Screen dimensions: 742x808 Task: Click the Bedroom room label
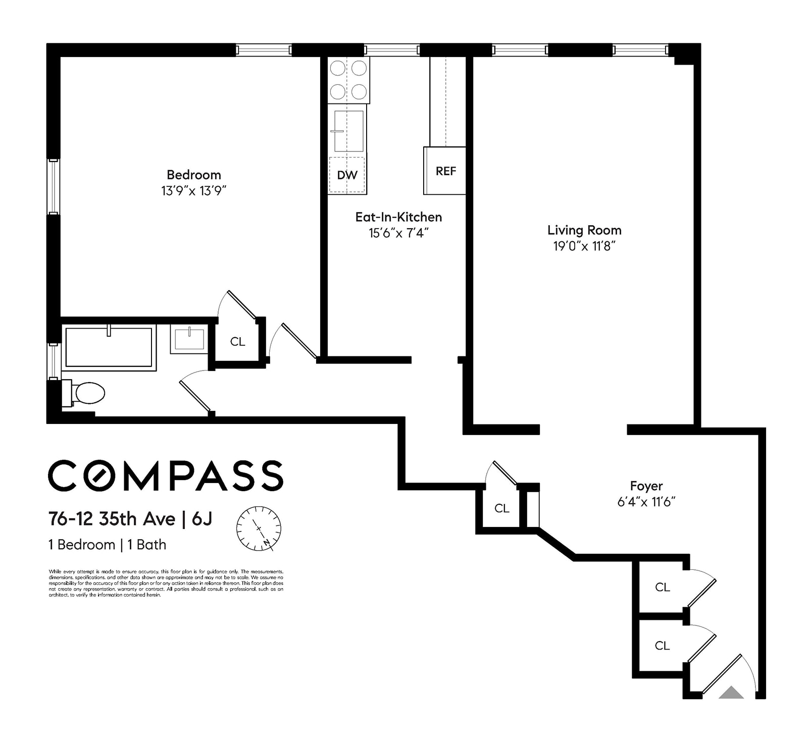coord(194,175)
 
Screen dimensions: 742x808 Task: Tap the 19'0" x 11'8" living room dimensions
coord(584,246)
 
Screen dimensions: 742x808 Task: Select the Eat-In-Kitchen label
coord(398,217)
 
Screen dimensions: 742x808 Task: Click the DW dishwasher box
coord(347,175)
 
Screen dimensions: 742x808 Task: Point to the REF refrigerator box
coord(445,171)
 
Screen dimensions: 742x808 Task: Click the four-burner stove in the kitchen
coord(348,80)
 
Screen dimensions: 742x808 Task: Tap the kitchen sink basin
coord(349,131)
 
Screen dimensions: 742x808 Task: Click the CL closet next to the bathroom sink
coord(237,342)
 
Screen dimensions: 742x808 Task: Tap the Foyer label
coord(646,486)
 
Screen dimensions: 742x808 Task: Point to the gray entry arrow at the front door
coord(731,693)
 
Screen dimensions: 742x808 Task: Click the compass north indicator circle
coord(259,528)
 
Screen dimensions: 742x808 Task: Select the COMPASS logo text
coord(166,475)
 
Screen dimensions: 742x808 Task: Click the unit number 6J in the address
coord(202,519)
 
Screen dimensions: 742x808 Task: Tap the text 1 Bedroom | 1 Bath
coord(107,545)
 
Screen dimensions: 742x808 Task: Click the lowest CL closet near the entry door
coord(662,646)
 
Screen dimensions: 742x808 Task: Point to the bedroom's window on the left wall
coord(53,187)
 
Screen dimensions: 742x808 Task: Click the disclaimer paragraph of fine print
coord(166,583)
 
